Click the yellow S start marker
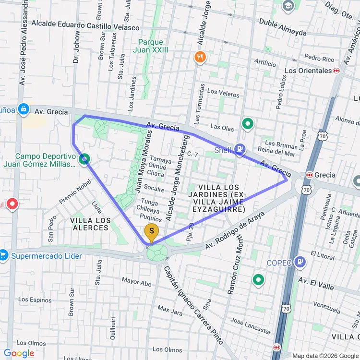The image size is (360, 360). (152, 233)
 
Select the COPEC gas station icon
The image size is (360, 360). (301, 262)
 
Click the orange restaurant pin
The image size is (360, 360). (200, 58)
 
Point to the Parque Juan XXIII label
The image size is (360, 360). (151, 46)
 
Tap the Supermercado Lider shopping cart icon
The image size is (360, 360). (4, 255)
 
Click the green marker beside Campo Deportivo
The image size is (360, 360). (84, 158)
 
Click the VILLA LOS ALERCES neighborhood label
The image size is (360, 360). (90, 224)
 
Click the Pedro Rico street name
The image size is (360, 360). (319, 59)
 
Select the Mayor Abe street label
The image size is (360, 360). (137, 281)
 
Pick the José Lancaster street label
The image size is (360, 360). (251, 325)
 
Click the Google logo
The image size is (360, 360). (19, 354)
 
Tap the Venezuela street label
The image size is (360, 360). (326, 304)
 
